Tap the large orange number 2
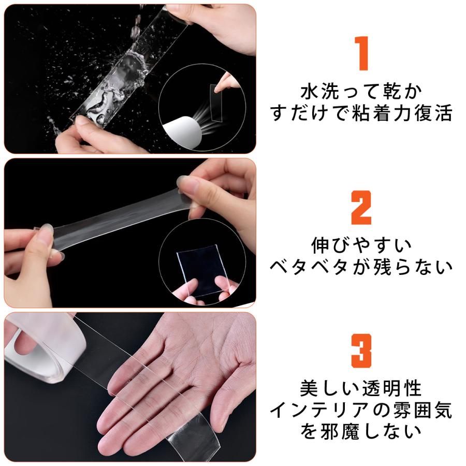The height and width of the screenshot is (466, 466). (361, 208)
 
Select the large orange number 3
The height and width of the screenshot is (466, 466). (361, 351)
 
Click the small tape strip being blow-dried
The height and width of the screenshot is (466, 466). (216, 103)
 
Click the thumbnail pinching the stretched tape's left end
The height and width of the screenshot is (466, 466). (47, 229)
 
